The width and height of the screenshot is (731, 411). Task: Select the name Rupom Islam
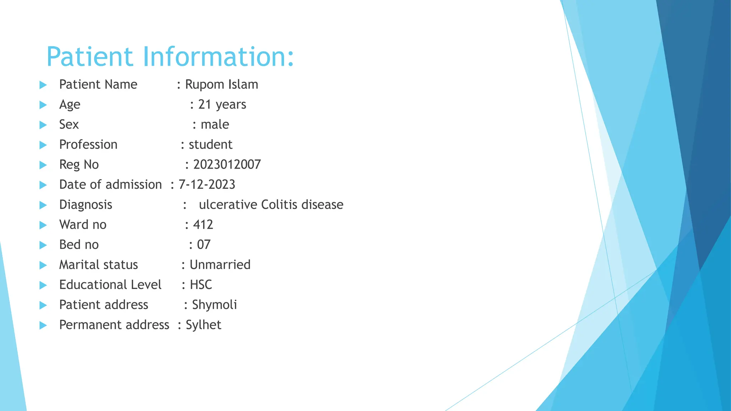click(221, 85)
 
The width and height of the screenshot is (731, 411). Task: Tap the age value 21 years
click(222, 105)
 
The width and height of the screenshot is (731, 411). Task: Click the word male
click(215, 125)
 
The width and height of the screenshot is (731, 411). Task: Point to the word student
click(211, 144)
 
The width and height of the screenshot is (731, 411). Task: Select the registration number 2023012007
click(227, 164)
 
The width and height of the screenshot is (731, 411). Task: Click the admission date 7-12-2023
click(207, 184)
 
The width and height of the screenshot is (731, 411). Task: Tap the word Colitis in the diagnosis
click(279, 204)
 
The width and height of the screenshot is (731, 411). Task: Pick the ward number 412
click(203, 225)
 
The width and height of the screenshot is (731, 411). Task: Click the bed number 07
click(204, 245)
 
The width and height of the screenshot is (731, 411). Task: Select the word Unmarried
click(220, 265)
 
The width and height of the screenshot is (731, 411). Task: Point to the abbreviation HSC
click(201, 285)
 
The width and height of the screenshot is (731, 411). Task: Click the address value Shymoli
click(215, 305)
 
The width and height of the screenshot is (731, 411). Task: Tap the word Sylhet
click(203, 325)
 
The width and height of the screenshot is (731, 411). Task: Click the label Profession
click(88, 144)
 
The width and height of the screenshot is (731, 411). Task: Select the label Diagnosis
click(86, 204)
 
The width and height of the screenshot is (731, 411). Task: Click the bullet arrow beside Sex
click(43, 125)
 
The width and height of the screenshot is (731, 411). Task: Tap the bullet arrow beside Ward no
click(43, 225)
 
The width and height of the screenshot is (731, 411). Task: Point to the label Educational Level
click(110, 285)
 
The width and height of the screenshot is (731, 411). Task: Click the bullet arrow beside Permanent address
click(43, 325)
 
